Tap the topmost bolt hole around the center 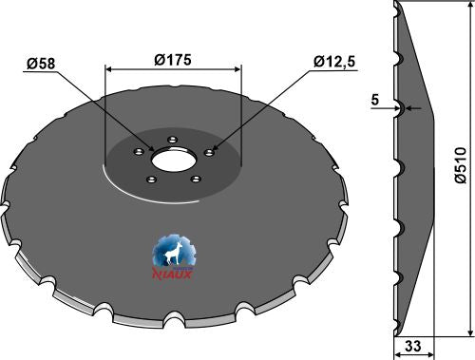point(172,141)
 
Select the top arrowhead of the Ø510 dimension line point(471,9)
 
